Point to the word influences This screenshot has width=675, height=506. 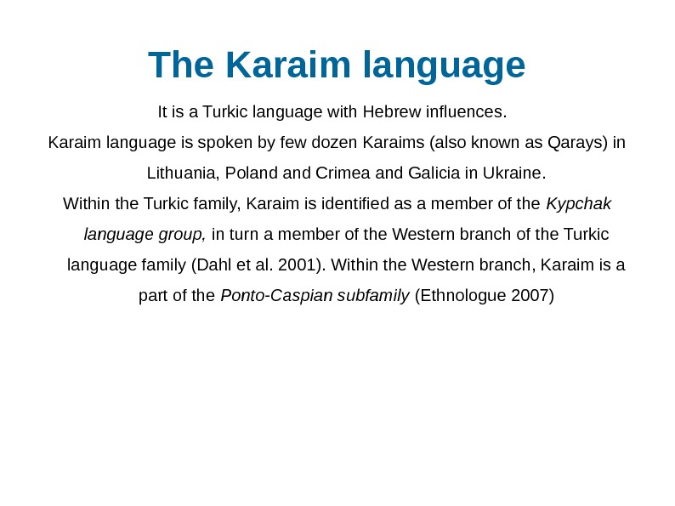click(x=466, y=111)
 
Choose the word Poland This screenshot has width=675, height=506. click(x=252, y=173)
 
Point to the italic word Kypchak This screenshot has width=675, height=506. click(x=578, y=204)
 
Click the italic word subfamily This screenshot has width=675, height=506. click(x=373, y=296)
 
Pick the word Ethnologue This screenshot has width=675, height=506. click(x=466, y=296)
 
